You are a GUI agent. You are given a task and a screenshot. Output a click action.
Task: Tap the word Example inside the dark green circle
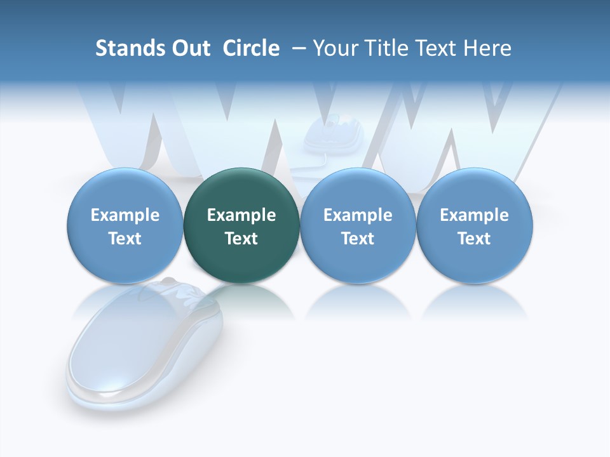tap(241, 215)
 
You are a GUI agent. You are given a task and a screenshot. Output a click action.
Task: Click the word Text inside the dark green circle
tap(241, 239)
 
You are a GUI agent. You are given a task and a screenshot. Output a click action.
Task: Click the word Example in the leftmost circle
tap(125, 215)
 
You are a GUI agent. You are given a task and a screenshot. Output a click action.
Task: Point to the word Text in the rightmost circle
tap(475, 239)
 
